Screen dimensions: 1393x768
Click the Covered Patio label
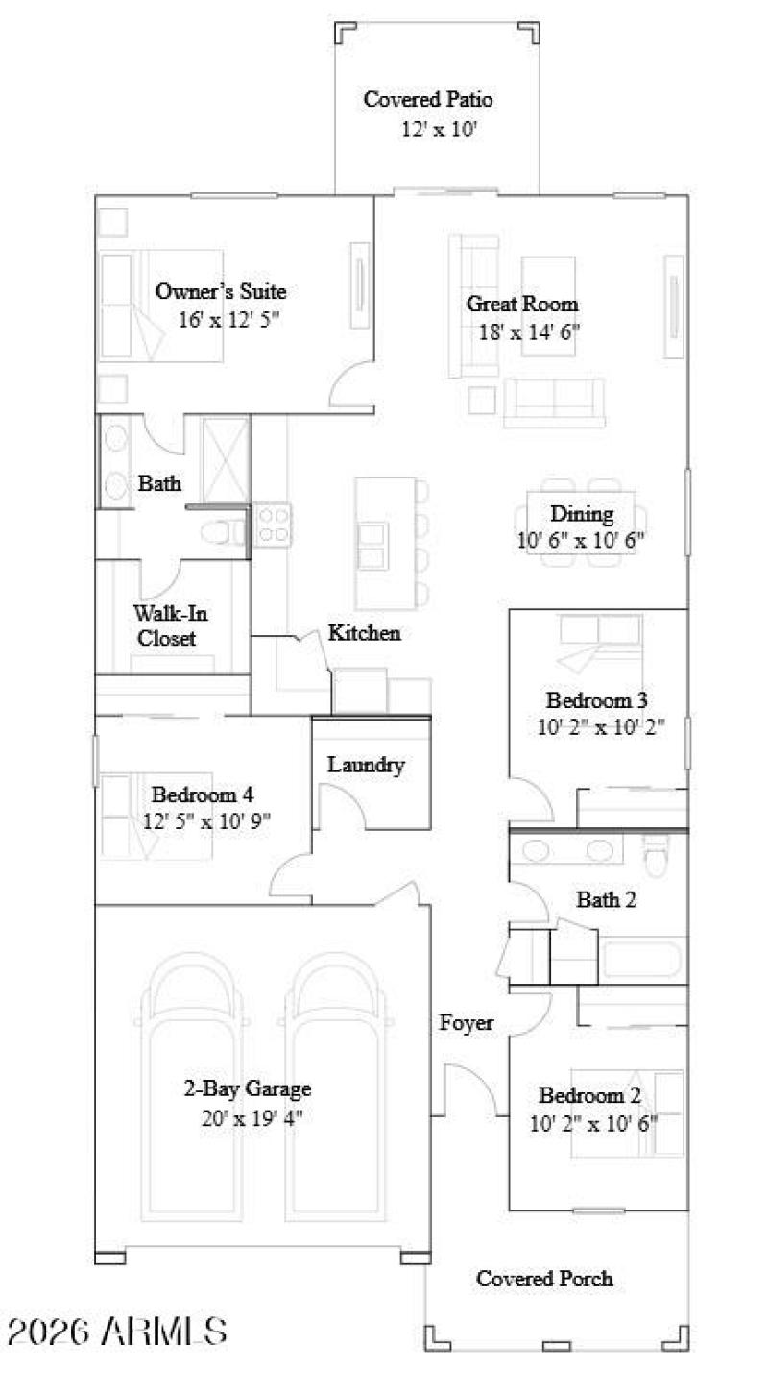428,99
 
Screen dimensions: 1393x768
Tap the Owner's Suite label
221,292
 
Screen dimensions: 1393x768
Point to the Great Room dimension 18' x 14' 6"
529,332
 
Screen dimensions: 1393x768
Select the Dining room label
581,514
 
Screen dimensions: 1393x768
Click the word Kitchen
365,633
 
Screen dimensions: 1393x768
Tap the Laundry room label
366,765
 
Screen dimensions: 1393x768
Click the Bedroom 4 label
203,794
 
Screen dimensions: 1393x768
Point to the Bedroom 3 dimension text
614,726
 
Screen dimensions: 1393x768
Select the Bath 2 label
606,900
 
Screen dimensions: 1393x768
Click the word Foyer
467,1022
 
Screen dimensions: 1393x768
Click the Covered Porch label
544,1279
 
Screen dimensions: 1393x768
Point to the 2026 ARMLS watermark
117,1332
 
